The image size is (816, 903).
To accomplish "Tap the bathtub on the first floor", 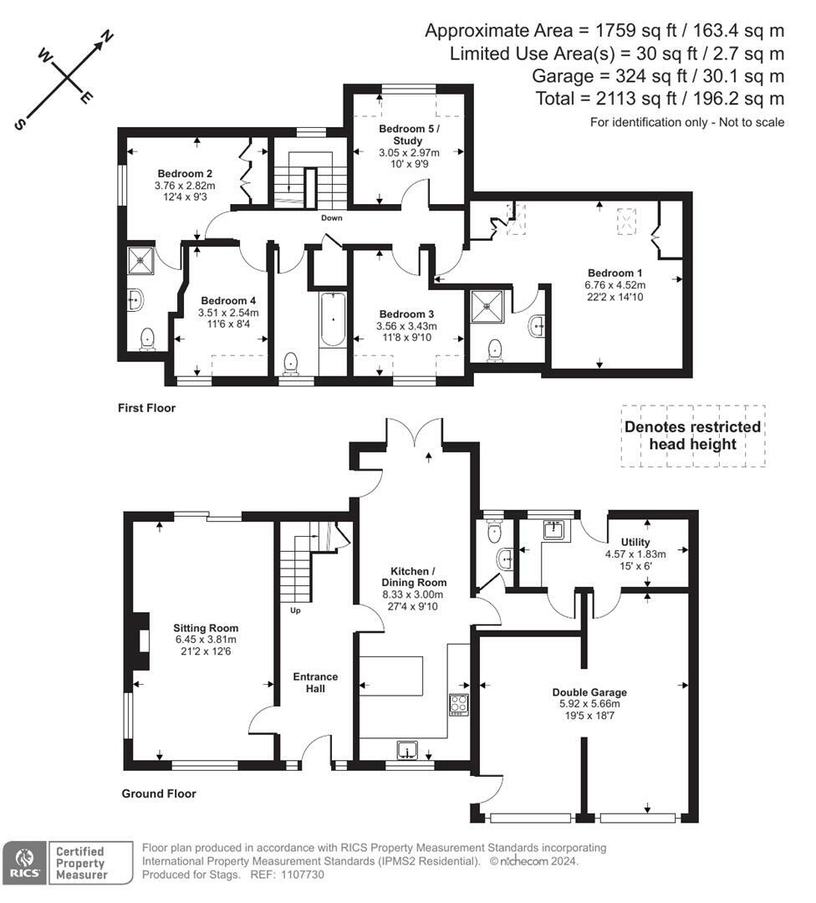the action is coord(332,319).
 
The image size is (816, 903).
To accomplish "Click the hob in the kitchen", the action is coord(459,705).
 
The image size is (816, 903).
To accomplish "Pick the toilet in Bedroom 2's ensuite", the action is coord(148,339).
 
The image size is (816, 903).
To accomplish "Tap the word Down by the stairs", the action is coord(332,217).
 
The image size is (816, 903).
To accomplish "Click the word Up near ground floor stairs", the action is coord(295,610).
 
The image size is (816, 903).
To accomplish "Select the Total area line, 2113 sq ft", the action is coord(660,99).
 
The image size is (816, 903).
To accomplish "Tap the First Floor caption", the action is coord(146,408).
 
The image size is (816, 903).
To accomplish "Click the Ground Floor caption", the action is coord(158,793).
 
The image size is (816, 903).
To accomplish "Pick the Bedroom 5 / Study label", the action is coord(409,135).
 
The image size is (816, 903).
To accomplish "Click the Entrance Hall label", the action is coord(315,682).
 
